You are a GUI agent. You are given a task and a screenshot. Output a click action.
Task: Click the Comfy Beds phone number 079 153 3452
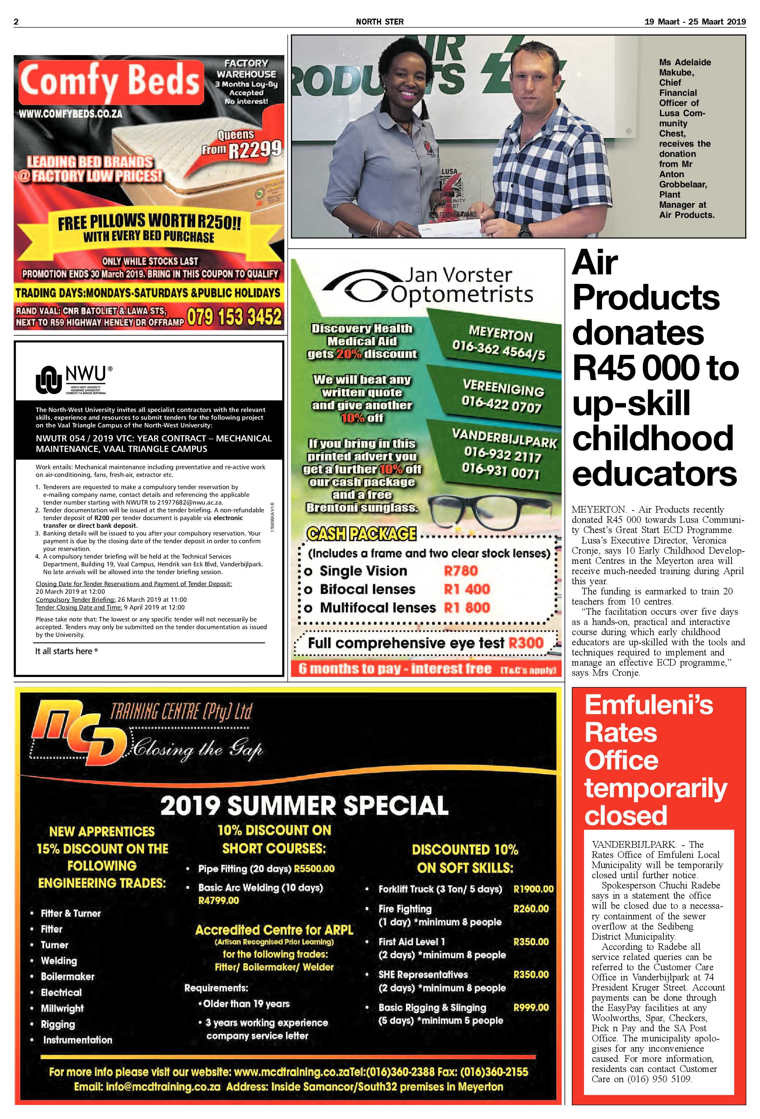tap(234, 317)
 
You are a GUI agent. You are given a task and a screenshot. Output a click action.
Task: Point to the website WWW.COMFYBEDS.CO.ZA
tap(70, 114)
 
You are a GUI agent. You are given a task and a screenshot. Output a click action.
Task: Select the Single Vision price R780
tap(461, 571)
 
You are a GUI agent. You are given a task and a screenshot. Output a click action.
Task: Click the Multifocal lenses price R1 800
tap(466, 608)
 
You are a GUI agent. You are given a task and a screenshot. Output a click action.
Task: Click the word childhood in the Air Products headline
tap(653, 439)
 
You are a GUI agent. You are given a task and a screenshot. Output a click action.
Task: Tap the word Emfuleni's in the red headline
tap(648, 705)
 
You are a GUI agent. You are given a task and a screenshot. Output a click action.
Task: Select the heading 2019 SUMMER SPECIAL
tap(304, 805)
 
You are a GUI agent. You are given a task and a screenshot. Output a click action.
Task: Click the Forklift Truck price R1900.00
tap(533, 889)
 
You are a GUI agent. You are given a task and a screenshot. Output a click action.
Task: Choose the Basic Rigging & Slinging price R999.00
tap(531, 1007)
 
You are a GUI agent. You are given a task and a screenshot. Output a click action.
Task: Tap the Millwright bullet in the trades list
tap(62, 1008)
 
